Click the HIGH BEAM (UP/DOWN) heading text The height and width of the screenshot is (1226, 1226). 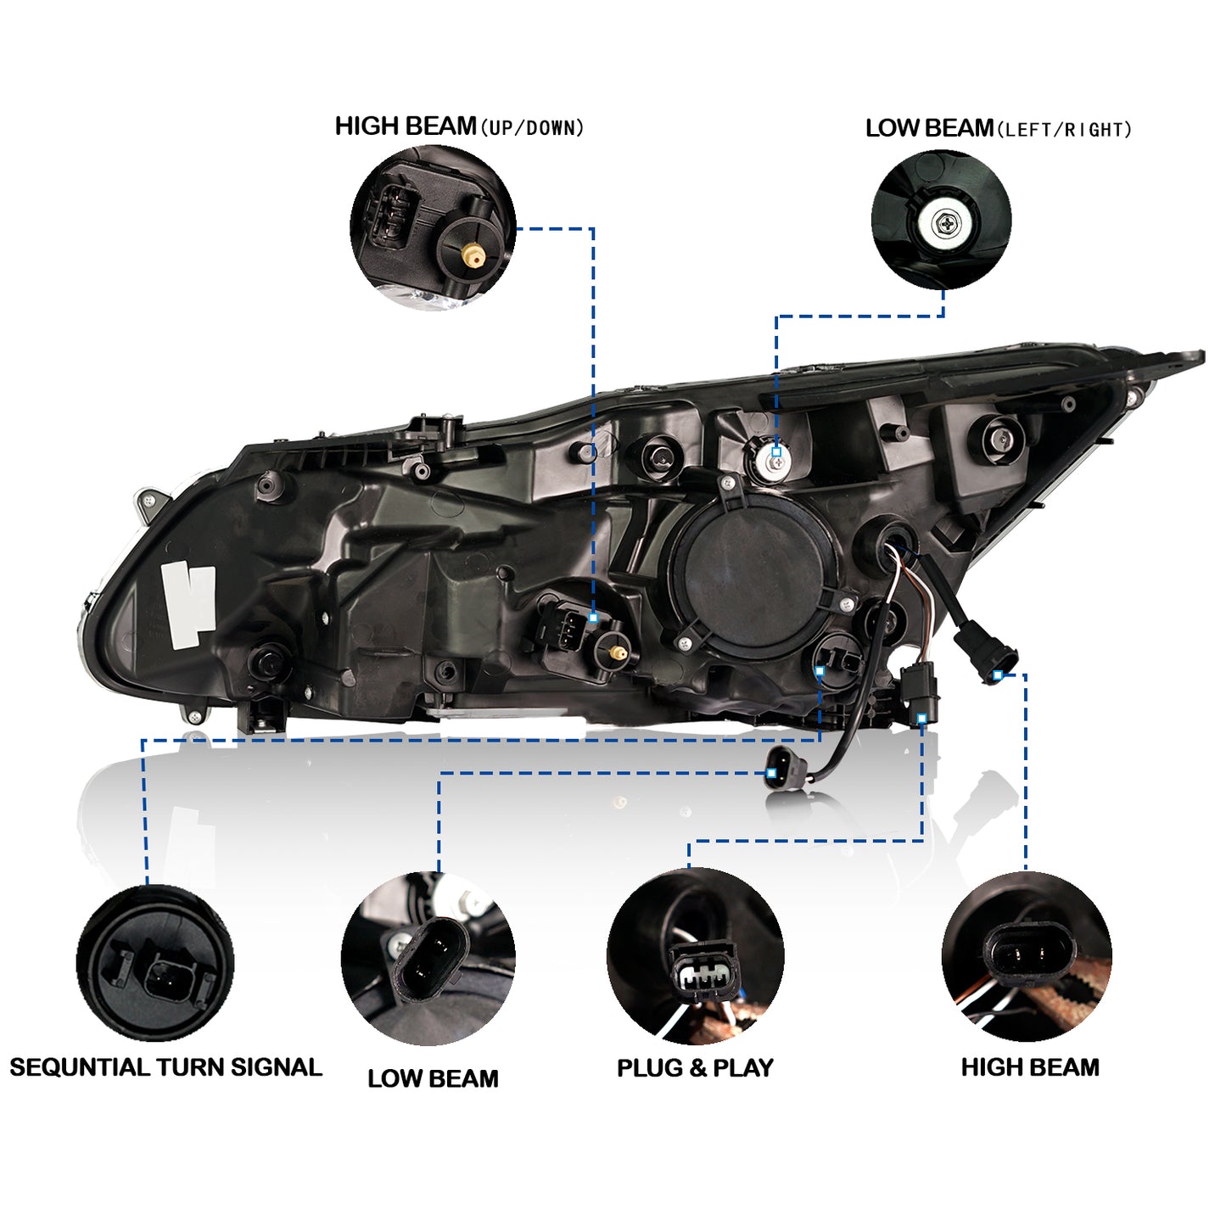tap(459, 127)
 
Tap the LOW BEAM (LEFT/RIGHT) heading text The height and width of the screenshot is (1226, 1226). tap(998, 129)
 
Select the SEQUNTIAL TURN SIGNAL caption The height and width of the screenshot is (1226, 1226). tap(165, 1067)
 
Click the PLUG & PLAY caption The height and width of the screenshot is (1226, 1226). tap(695, 1068)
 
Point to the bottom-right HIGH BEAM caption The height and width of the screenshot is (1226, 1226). tap(1029, 1067)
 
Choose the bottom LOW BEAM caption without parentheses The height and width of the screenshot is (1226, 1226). tap(433, 1078)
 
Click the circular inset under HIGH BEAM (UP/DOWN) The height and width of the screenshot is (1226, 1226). tap(433, 227)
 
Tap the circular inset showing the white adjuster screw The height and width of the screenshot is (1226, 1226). tap(941, 221)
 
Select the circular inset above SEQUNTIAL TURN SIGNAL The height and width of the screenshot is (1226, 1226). tap(155, 962)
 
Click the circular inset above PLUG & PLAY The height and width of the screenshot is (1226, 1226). tap(695, 956)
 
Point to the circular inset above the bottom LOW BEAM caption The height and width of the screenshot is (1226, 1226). tap(428, 958)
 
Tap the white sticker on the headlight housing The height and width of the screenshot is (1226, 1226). tap(188, 603)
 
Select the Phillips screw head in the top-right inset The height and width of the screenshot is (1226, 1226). tap(945, 225)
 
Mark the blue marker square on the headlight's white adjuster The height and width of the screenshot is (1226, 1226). tap(775, 453)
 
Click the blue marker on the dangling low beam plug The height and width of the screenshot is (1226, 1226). tap(770, 773)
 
